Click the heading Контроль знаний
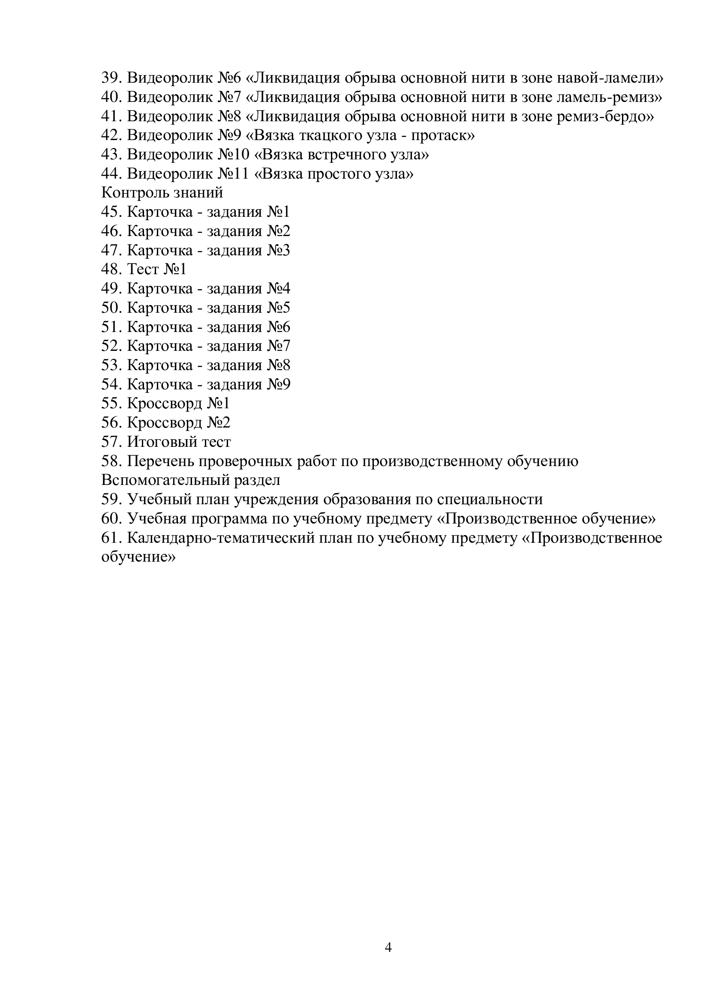pyautogui.click(x=162, y=192)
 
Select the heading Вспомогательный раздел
pyautogui.click(x=190, y=480)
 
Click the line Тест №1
pyautogui.click(x=156, y=269)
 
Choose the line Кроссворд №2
pyautogui.click(x=178, y=422)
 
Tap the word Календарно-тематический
pyautogui.click(x=220, y=538)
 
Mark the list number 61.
pyautogui.click(x=111, y=538)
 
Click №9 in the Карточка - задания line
pyautogui.click(x=279, y=384)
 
